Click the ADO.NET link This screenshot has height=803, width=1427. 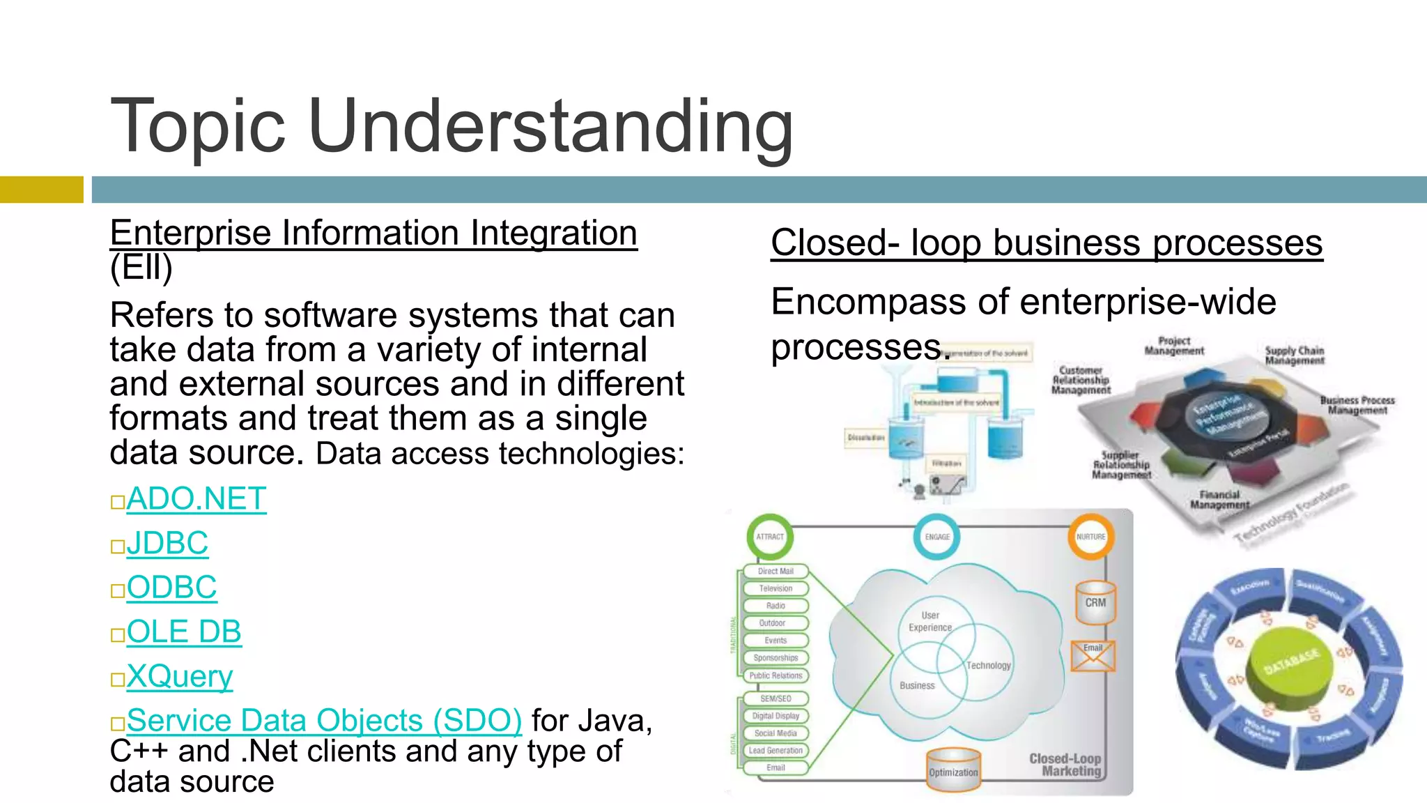(x=196, y=499)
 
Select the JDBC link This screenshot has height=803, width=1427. (x=167, y=543)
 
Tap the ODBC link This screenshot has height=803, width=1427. (x=171, y=588)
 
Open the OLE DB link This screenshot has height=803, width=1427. (x=184, y=632)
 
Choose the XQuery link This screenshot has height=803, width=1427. (x=180, y=676)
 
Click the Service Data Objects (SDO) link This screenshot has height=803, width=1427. (x=324, y=720)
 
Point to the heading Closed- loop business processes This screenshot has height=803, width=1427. (x=1046, y=243)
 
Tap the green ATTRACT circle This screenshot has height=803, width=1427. (x=770, y=537)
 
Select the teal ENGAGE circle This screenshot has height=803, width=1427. (x=937, y=537)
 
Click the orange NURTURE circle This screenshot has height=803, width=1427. (x=1090, y=537)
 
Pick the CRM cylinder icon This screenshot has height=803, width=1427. (x=1095, y=602)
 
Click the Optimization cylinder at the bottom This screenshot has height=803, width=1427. (x=953, y=771)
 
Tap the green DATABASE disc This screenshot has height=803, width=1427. (x=1291, y=666)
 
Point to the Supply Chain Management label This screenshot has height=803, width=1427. (x=1294, y=355)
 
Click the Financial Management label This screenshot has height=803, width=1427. (x=1219, y=499)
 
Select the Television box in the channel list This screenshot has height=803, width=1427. (x=776, y=588)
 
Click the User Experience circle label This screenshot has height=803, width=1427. (x=930, y=621)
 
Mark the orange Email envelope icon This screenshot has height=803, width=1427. (x=1093, y=657)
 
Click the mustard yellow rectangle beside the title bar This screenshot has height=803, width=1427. (x=41, y=190)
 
